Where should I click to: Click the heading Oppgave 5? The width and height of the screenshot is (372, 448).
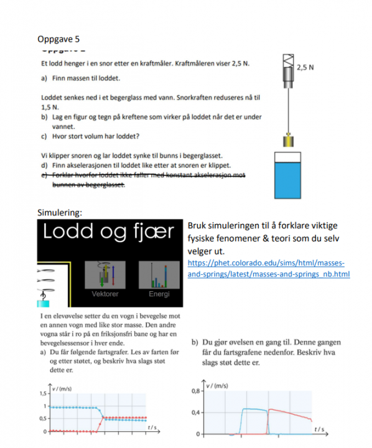[58, 39]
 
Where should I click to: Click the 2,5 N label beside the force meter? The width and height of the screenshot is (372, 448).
[305, 67]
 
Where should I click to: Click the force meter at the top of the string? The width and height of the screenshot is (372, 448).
[287, 72]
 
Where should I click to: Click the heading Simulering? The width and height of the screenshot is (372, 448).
[60, 212]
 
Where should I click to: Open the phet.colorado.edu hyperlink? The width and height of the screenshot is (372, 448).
[267, 268]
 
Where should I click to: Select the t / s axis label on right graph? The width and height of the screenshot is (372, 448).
[319, 429]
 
